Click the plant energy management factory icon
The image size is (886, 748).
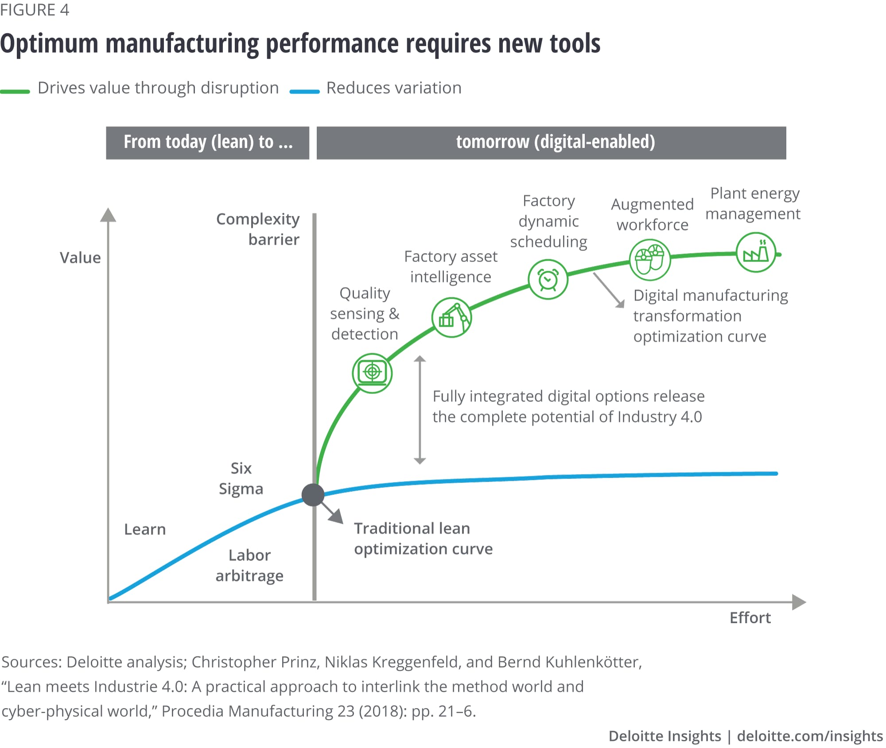coord(756,252)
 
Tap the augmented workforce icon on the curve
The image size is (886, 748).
coord(650,260)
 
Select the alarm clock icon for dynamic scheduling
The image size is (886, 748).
coord(548,280)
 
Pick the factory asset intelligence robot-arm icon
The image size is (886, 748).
coord(451,318)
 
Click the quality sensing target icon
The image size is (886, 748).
coord(372,373)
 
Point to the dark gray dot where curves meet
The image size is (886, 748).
coord(313,495)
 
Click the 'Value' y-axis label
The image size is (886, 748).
coord(80,258)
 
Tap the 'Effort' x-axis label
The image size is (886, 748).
coord(750,617)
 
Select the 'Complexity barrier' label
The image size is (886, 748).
coord(258,229)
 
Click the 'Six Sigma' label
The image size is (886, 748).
coord(241,478)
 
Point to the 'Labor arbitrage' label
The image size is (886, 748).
coord(249,565)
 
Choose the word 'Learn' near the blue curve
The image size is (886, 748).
coord(145,529)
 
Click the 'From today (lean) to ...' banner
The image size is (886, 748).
coord(208,143)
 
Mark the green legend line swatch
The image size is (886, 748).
coord(15,92)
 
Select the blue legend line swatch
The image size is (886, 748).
coord(304,92)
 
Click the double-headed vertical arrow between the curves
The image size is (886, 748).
coord(420,409)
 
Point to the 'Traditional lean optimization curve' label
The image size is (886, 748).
coord(423,539)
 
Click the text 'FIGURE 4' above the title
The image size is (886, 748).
coord(35,10)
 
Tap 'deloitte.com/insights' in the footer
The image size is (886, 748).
coord(810,736)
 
